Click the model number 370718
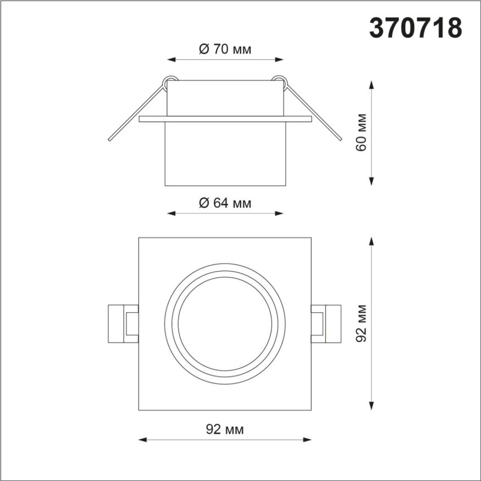point(415,29)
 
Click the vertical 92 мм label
point(361,323)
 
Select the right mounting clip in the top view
point(325,323)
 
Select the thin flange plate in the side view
point(225,118)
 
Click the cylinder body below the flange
point(225,153)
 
